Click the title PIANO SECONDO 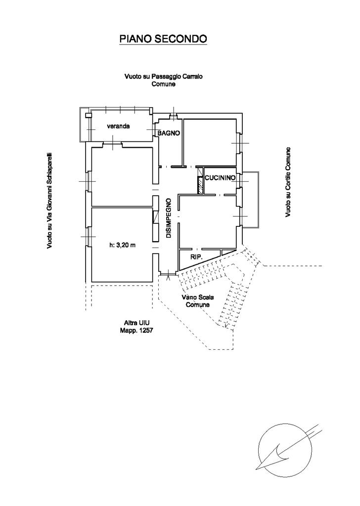coord(163,39)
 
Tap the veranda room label coord(118,126)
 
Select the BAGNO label coord(168,133)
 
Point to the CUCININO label coord(220,177)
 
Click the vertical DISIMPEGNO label coord(169,218)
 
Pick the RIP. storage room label coord(196,257)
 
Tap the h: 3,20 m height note coord(122,245)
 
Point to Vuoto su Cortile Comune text coord(287,182)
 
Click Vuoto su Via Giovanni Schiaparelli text coord(50,200)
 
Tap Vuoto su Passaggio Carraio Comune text coord(164,80)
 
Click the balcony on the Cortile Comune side coord(251,199)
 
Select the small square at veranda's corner coord(89,115)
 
